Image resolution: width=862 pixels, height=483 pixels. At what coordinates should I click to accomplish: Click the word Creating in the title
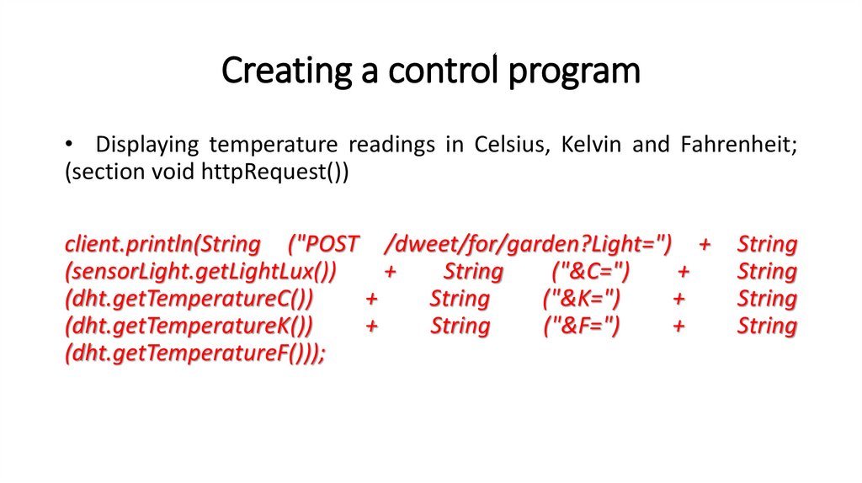(286, 71)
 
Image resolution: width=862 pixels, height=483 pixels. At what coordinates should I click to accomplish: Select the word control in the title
(443, 70)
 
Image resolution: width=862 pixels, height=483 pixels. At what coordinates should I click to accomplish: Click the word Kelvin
(591, 144)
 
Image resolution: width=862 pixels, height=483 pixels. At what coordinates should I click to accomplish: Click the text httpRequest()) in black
(275, 172)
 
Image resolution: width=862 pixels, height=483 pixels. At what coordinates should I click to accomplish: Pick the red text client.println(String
(162, 244)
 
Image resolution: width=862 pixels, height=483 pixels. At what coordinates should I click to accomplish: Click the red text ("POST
(324, 244)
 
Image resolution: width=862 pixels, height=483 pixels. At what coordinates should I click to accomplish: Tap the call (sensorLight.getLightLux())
(200, 272)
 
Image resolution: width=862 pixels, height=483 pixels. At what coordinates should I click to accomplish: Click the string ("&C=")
(591, 272)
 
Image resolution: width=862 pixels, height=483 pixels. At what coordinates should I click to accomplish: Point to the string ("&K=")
(582, 299)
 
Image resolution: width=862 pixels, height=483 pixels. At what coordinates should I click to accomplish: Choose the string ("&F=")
(582, 326)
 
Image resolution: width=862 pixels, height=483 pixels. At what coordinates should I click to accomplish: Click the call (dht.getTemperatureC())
(189, 299)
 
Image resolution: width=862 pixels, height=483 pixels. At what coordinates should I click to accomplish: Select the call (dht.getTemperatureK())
(189, 326)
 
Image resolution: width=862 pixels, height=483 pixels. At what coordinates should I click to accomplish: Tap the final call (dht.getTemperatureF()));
(195, 353)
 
